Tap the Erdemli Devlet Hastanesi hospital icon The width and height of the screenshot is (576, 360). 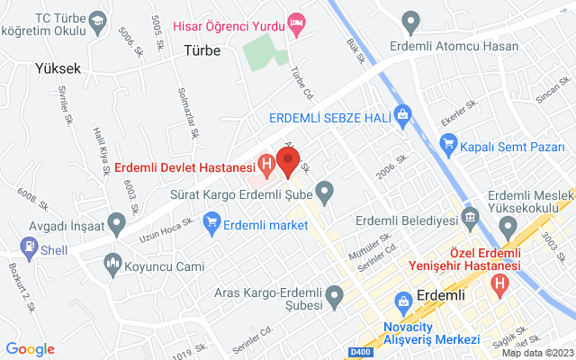pos(266,165)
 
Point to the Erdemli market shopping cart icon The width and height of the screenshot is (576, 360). pos(212,220)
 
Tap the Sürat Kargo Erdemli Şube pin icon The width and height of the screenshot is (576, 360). pos(326,192)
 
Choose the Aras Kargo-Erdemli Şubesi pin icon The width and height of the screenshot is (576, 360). pos(334,293)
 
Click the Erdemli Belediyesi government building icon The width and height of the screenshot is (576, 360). pos(469,218)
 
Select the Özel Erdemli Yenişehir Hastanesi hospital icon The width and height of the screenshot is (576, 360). pos(500,284)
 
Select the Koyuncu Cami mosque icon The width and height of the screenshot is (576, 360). pos(112,264)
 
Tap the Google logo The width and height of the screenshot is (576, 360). pos(30,349)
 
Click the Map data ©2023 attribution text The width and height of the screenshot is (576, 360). pos(536,353)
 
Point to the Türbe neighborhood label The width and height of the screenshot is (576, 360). pos(202,50)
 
